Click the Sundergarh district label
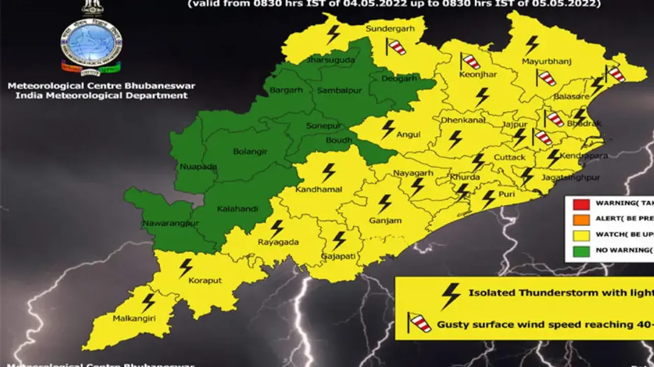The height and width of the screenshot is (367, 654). click(390, 29)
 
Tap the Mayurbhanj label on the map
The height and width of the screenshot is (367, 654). click(547, 62)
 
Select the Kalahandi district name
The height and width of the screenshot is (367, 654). click(238, 209)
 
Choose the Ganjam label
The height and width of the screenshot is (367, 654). click(385, 221)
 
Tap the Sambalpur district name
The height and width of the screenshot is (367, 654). click(335, 91)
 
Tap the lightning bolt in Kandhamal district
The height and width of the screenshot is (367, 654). click(329, 173)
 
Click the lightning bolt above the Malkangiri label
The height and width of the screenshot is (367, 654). click(148, 303)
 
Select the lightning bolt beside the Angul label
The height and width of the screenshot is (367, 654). click(388, 129)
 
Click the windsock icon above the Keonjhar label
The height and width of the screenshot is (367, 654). click(470, 61)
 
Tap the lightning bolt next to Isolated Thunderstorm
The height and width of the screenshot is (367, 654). click(450, 296)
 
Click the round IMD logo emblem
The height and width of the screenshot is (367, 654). click(91, 44)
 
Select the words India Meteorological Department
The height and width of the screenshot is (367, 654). click(98, 95)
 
